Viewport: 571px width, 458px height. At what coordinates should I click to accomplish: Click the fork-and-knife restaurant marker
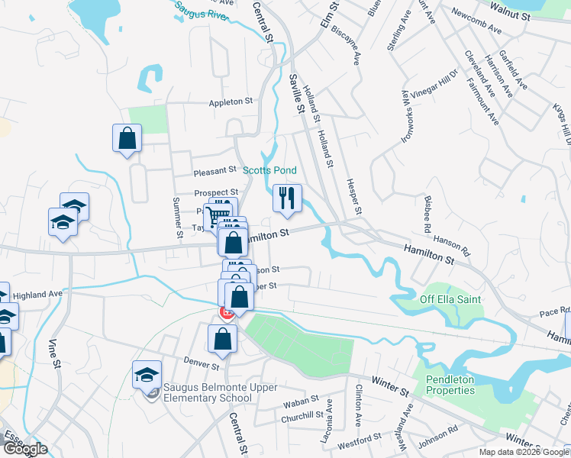pos(287,199)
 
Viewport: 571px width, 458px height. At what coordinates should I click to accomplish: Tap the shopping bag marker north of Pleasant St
pos(127,140)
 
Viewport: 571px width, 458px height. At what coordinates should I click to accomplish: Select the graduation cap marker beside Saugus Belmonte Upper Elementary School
pos(146,376)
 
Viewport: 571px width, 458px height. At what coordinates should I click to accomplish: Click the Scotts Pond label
pos(269,170)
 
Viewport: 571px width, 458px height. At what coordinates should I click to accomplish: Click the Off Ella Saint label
pos(450,299)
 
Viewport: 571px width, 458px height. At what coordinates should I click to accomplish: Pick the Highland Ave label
pos(37,294)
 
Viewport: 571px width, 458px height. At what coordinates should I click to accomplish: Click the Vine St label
pos(54,356)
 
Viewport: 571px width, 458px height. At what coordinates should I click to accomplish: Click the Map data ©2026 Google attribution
pos(523,452)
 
